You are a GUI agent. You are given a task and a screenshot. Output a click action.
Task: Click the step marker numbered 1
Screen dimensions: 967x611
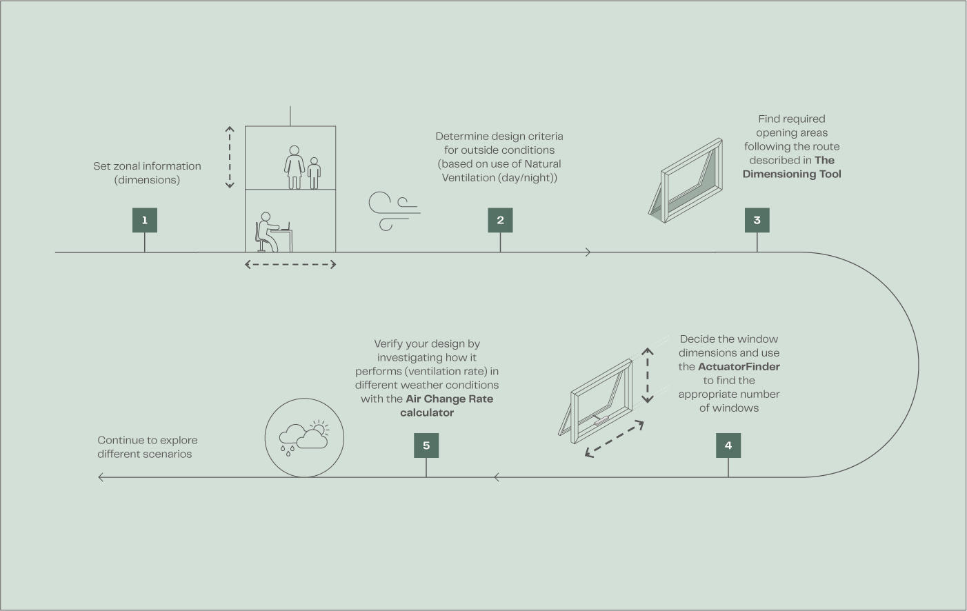(x=145, y=220)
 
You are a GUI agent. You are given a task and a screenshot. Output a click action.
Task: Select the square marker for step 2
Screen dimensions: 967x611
(x=500, y=220)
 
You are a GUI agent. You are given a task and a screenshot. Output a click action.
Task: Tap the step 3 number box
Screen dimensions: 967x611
(x=757, y=220)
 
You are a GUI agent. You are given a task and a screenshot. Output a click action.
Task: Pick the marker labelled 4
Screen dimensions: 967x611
(x=728, y=445)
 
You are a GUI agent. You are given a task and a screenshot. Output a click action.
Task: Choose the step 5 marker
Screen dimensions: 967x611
(x=426, y=445)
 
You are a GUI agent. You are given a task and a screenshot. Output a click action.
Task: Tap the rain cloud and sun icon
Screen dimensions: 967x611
(x=304, y=437)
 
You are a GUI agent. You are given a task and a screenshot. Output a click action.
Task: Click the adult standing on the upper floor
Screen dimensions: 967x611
(x=295, y=168)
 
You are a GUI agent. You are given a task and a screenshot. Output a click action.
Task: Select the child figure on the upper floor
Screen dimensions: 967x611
(x=314, y=174)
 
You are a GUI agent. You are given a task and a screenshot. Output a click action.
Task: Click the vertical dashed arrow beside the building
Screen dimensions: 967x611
(x=230, y=157)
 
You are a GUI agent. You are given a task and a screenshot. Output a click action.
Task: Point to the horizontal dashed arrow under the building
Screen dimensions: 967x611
(x=290, y=265)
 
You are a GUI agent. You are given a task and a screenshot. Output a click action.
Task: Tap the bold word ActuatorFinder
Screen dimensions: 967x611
(x=739, y=367)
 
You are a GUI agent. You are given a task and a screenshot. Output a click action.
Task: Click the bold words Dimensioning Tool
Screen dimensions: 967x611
(x=792, y=174)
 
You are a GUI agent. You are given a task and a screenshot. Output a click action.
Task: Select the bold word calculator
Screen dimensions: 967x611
(x=427, y=412)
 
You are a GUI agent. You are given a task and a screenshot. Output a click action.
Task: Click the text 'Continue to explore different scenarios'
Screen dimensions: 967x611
(x=147, y=447)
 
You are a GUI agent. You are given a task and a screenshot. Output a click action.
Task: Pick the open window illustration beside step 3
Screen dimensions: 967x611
(x=686, y=181)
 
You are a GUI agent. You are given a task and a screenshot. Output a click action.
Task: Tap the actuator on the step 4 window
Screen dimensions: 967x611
(x=601, y=420)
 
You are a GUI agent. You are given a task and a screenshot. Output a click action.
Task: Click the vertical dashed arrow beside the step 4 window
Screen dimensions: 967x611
(x=647, y=375)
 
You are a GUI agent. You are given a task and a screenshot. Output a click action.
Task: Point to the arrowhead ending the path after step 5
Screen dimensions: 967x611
(x=101, y=477)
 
